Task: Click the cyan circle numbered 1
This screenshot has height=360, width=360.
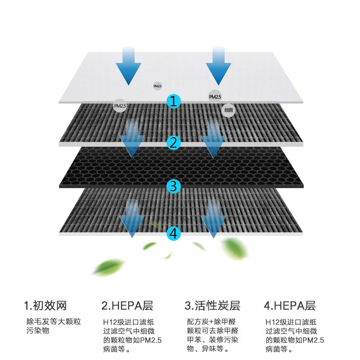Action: pos(174,101)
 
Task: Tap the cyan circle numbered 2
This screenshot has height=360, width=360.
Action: pos(174,143)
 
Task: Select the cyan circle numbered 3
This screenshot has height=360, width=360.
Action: pos(174,185)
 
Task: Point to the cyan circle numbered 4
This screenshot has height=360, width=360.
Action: pos(174,233)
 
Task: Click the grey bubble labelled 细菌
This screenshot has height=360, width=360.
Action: pos(229,110)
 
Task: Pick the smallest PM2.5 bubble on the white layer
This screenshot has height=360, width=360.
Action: pos(157,85)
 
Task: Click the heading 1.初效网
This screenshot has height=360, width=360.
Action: pos(45,306)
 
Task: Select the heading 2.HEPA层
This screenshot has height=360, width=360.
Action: pos(127,306)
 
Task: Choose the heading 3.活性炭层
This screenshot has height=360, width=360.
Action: pos(212,306)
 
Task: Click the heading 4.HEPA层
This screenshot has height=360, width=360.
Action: pos(289,306)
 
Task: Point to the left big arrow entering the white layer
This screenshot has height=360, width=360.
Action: pos(128,65)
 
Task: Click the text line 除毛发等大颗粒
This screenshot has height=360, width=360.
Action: pos(54,322)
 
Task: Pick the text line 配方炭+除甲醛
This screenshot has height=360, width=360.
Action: pos(211,322)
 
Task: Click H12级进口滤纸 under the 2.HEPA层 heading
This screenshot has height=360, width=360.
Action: pos(129,322)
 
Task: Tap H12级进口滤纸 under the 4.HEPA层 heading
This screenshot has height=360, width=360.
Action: pos(291,322)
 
